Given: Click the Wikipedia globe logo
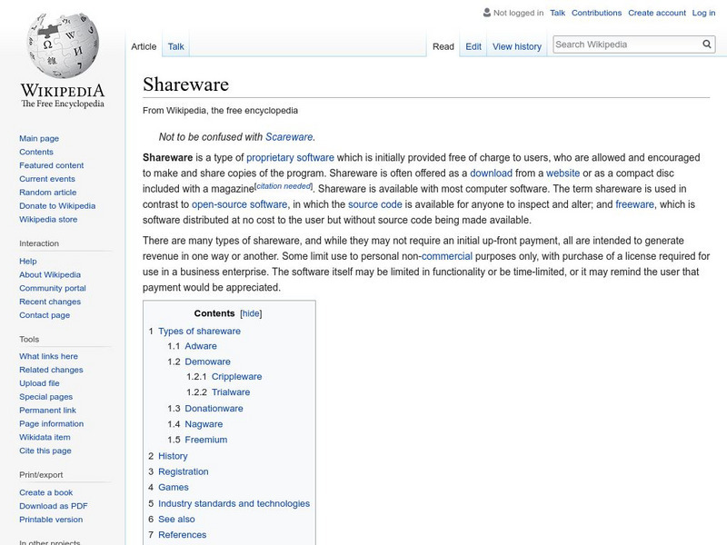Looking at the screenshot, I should [62, 45].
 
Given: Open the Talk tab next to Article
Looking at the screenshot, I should [176, 46].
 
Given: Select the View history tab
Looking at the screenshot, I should [516, 46].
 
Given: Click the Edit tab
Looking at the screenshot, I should [473, 46].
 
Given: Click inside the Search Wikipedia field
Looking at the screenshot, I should [625, 44].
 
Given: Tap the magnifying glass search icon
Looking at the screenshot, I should [707, 44].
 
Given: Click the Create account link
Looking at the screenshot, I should [657, 13].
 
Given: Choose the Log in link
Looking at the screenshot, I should [703, 13].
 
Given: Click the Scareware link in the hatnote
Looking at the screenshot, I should [289, 137].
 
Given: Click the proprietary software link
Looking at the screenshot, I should [290, 157].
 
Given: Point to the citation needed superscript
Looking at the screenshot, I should [284, 186].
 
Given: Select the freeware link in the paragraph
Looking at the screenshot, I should [634, 204].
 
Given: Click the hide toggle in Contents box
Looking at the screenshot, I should [251, 313].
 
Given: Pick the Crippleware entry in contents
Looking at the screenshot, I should [236, 376].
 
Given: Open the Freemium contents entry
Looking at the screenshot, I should [205, 440].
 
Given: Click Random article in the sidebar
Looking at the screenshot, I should [48, 193].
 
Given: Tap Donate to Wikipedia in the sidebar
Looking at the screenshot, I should [57, 206].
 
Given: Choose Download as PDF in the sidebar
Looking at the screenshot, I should [54, 506].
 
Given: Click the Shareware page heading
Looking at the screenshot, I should [185, 85].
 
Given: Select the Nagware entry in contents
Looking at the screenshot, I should [204, 424].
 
